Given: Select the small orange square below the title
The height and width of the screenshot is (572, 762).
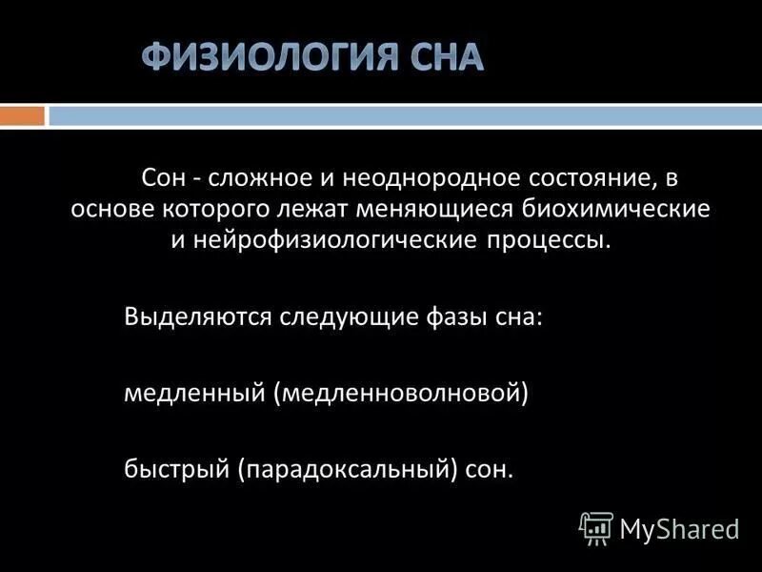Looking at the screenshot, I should tap(22, 116).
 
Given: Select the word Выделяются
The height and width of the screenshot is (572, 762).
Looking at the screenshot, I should tap(199, 317).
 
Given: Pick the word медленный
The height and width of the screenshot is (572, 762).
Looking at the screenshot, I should tap(196, 392).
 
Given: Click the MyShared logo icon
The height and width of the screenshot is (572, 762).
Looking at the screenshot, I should tap(596, 527).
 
